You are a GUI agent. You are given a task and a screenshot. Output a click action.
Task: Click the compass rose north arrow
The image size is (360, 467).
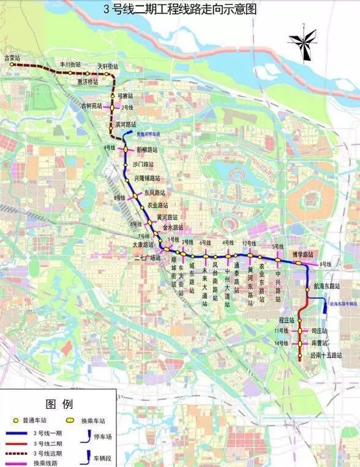point(302,42)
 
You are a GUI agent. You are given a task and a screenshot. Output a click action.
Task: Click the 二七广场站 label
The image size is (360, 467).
point(148,258)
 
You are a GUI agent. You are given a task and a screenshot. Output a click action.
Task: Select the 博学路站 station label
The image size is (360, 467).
point(302,254)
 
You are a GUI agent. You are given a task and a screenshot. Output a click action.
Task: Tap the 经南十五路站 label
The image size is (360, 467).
point(325,355)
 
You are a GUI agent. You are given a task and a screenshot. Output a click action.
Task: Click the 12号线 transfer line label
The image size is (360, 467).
point(249,243)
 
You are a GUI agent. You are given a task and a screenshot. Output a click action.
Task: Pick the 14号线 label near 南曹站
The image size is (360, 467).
point(282,343)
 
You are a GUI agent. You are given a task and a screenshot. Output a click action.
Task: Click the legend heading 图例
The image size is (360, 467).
point(59,405)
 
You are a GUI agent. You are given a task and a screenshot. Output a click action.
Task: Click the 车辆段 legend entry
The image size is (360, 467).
point(102,457)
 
